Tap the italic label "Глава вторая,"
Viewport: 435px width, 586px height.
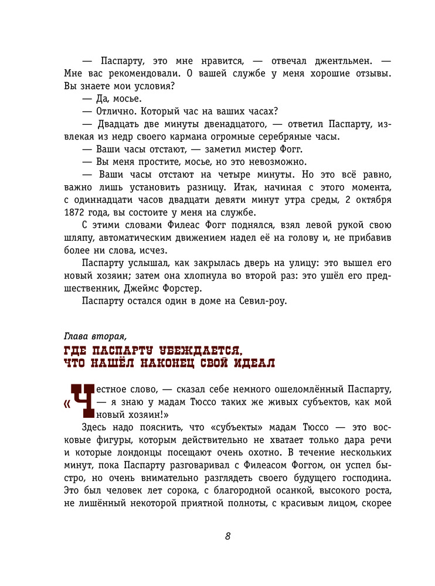[x=94, y=336]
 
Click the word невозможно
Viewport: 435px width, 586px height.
[x=279, y=162]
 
